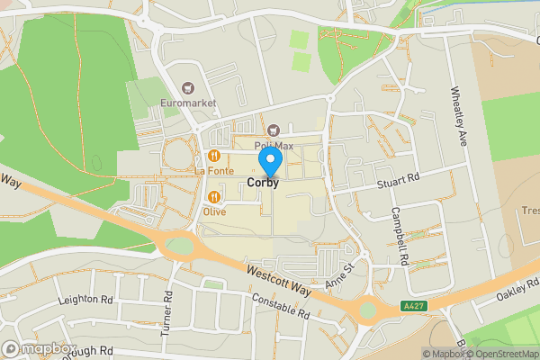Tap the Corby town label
pyautogui.click(x=263, y=182)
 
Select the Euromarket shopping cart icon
pyautogui.click(x=188, y=88)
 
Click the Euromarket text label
pyautogui.click(x=188, y=103)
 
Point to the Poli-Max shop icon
pyautogui.click(x=274, y=130)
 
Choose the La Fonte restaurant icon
pyautogui.click(x=214, y=155)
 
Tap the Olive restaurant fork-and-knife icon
pyautogui.click(x=214, y=197)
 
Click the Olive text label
pyautogui.click(x=214, y=212)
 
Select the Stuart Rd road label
pyautogui.click(x=400, y=182)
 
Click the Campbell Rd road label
pyautogui.click(x=400, y=236)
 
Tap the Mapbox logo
pyautogui.click(x=38, y=348)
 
